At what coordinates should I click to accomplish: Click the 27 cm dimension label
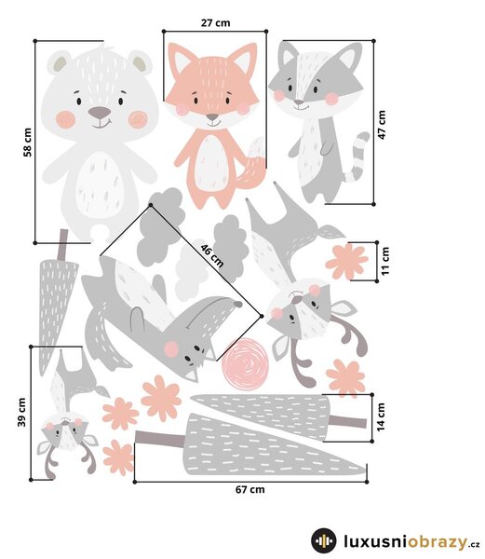click(215, 22)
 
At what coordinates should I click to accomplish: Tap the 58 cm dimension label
click(27, 143)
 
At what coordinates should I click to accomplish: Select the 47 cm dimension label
click(382, 125)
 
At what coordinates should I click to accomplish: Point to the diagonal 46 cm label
click(212, 255)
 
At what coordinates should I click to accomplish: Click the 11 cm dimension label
click(385, 261)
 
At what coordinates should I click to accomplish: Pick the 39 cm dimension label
click(21, 412)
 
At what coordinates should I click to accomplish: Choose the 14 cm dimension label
click(381, 417)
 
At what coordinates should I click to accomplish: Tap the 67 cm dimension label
click(250, 489)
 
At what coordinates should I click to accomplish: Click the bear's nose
click(100, 113)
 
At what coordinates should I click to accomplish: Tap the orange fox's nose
click(212, 117)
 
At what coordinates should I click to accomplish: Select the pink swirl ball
click(244, 364)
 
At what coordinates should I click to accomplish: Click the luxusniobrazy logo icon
click(323, 540)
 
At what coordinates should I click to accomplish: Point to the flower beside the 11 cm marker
click(346, 261)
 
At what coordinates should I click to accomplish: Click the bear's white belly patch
click(100, 184)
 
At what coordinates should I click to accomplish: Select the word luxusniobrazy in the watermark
click(405, 541)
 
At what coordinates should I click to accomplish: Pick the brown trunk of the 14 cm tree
click(347, 422)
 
